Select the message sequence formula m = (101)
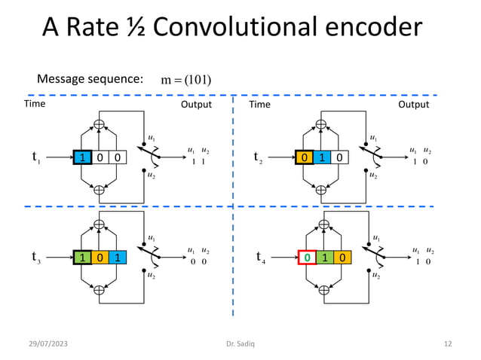pos(186,80)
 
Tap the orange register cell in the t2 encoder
pos(304,157)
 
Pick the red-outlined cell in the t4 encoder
pos(307,258)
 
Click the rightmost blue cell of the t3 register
pos(117,258)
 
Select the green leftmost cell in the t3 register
pos(81,258)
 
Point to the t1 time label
pos(35,157)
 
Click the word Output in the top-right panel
pos(413,105)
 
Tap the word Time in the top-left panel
pos(35,104)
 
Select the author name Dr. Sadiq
pos(240,344)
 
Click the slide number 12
pos(448,344)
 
